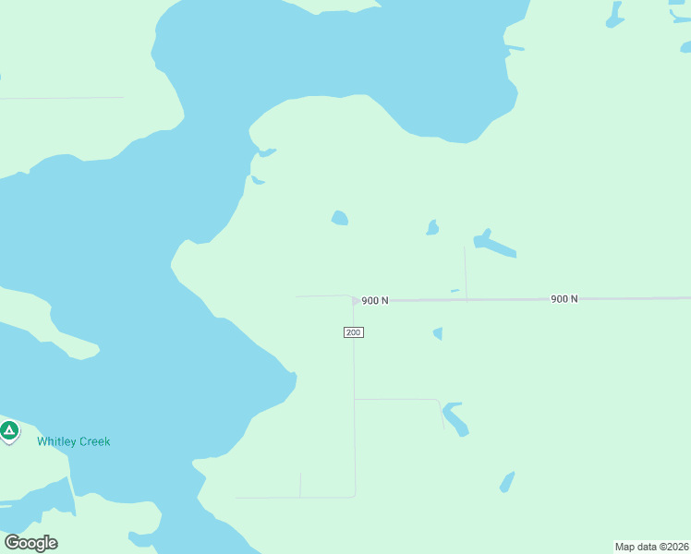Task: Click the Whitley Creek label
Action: coord(73,441)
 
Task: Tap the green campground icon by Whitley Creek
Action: coord(9,430)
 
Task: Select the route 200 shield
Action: coord(354,332)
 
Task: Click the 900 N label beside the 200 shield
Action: coord(375,300)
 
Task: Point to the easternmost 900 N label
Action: coord(564,298)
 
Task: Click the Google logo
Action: coord(30,542)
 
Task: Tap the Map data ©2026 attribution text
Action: coord(651,547)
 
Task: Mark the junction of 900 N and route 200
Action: coord(355,300)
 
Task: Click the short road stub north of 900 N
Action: coord(465,272)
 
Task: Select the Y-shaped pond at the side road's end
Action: coord(455,418)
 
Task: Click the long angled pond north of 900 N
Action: coord(494,244)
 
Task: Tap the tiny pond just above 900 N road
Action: coord(455,291)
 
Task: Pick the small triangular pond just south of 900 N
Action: coord(438,333)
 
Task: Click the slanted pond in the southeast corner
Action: coord(506,482)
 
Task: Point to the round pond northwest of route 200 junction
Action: coord(340,218)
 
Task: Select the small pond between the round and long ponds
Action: coord(431,228)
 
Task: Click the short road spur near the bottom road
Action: coord(300,485)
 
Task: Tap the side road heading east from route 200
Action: coord(397,400)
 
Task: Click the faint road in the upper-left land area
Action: coord(65,97)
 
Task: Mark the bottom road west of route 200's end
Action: coord(286,498)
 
